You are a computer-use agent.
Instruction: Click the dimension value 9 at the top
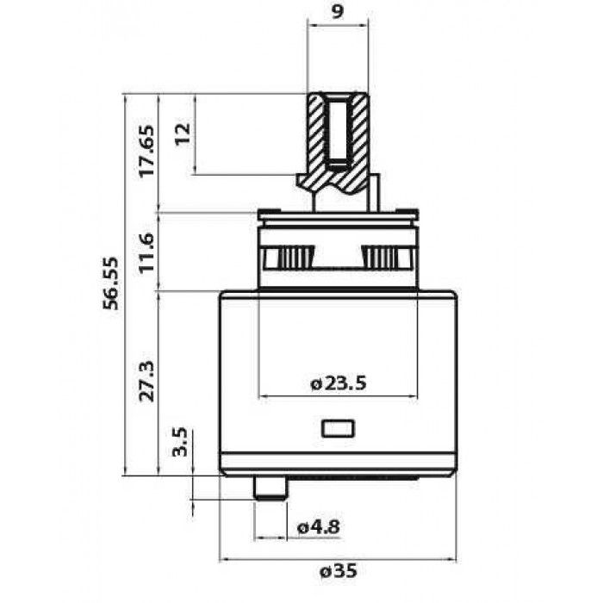337,12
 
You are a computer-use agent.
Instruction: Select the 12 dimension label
183,133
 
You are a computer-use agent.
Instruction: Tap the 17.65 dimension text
146,151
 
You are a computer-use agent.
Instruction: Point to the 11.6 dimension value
146,252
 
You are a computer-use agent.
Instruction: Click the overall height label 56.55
111,283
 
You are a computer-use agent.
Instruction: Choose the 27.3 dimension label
146,381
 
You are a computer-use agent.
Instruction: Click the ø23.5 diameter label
339,383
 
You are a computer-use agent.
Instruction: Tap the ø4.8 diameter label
319,527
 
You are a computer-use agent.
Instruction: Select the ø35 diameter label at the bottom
339,571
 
